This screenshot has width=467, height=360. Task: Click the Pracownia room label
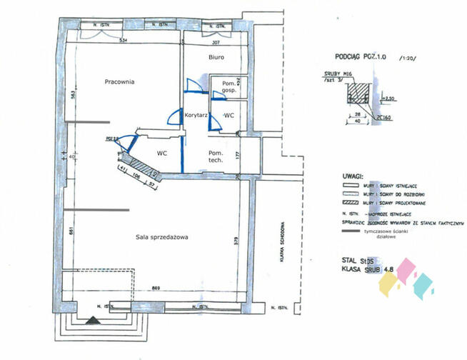pyautogui.click(x=119, y=81)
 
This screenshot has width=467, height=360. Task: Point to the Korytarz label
pyautogui.click(x=196, y=114)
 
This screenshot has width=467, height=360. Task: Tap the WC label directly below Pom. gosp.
pyautogui.click(x=230, y=114)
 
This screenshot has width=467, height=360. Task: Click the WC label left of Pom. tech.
pyautogui.click(x=162, y=152)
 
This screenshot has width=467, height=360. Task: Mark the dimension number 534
pyautogui.click(x=123, y=40)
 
